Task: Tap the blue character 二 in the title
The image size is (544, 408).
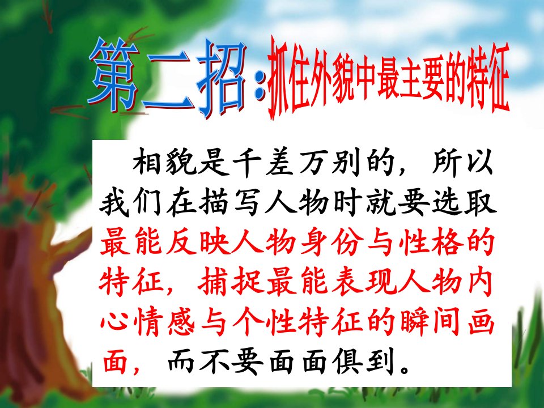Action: [x=168, y=83]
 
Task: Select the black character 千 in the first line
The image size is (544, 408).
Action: [x=247, y=161]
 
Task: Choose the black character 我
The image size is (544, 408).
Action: [x=115, y=202]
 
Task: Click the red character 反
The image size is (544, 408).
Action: [x=181, y=241]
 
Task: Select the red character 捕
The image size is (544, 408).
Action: [x=214, y=281]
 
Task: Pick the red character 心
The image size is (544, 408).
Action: [x=115, y=321]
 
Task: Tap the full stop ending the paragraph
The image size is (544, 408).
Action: [x=405, y=368]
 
